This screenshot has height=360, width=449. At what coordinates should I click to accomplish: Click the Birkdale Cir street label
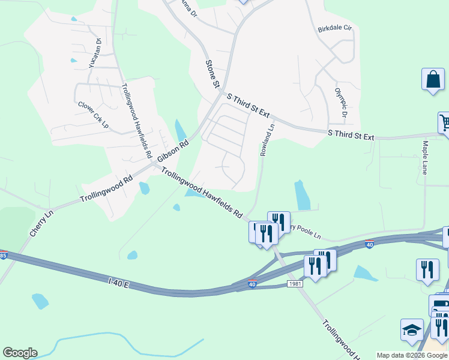pyautogui.click(x=334, y=28)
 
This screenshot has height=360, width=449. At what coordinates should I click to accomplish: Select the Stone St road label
pyautogui.click(x=212, y=74)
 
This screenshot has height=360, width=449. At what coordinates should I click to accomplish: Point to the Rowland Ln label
pyautogui.click(x=267, y=139)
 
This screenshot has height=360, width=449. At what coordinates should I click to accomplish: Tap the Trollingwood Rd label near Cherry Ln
pyautogui.click(x=107, y=190)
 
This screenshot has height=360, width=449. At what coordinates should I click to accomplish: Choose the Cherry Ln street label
pyautogui.click(x=38, y=223)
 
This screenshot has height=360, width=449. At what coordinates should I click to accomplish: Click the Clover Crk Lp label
pyautogui.click(x=93, y=114)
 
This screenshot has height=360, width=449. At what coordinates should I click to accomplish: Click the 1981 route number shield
pyautogui.click(x=294, y=283)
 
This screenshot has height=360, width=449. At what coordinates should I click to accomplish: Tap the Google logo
pyautogui.click(x=20, y=353)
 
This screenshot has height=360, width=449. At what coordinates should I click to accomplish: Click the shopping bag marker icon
pyautogui.click(x=432, y=80)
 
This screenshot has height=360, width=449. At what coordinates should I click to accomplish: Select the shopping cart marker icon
pyautogui.click(x=444, y=122)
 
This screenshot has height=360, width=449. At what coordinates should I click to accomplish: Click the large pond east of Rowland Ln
pyautogui.click(x=303, y=194)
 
